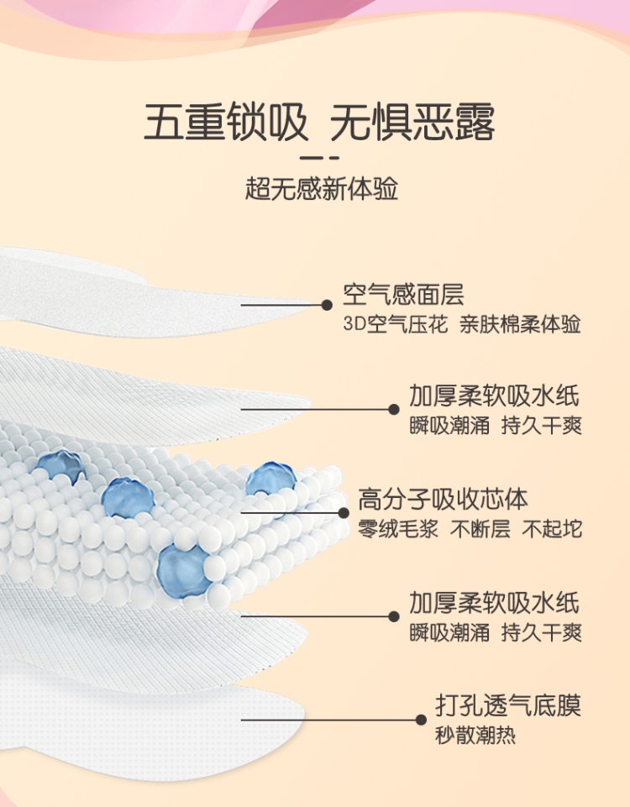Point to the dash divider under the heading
(x=319, y=158)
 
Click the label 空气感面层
(x=403, y=295)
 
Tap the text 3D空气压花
(x=392, y=325)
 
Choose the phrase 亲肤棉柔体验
(x=520, y=325)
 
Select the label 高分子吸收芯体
(x=444, y=500)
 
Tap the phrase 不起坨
(x=552, y=530)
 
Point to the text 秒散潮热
(x=475, y=736)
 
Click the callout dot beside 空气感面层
(x=327, y=305)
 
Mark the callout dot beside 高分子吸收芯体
(x=343, y=512)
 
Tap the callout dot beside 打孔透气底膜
(x=421, y=719)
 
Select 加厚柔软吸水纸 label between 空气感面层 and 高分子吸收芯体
(x=495, y=396)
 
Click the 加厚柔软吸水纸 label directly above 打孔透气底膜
(x=495, y=603)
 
